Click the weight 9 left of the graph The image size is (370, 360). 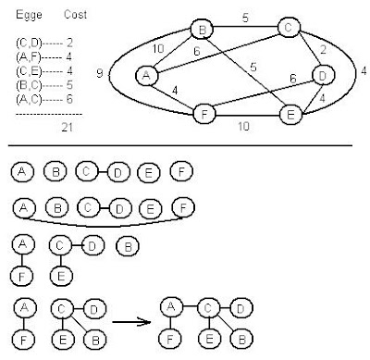coord(112,69)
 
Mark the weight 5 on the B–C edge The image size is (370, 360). coord(247,16)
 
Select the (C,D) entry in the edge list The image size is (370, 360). coord(28,43)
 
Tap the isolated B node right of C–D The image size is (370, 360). coord(129,247)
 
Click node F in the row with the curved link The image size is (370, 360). coord(183,208)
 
